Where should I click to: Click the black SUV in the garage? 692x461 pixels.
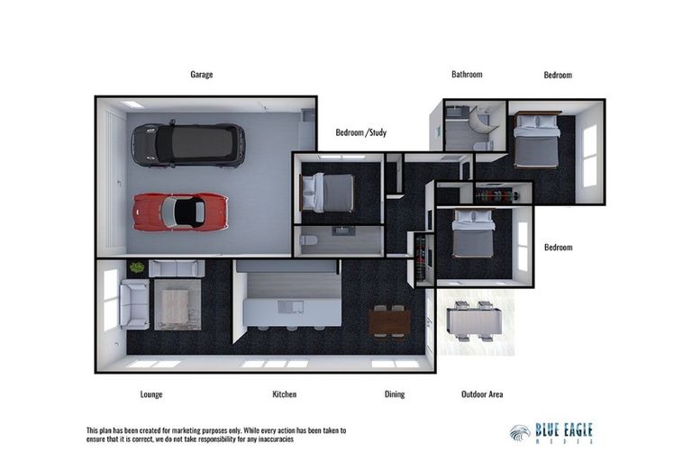pyautogui.click(x=188, y=145)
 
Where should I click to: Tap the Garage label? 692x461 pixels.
pyautogui.click(x=201, y=75)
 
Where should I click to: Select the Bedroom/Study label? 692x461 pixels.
pyautogui.click(x=360, y=132)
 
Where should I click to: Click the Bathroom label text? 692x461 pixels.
pyautogui.click(x=467, y=75)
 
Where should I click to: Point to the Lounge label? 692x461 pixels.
pyautogui.click(x=151, y=394)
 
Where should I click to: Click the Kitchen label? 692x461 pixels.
pyautogui.click(x=284, y=394)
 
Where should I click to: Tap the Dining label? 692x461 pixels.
pyautogui.click(x=394, y=394)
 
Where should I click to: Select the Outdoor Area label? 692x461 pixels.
pyautogui.click(x=482, y=394)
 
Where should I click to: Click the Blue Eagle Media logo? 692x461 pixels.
pyautogui.click(x=551, y=432)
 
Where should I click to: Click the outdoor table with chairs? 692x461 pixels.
pyautogui.click(x=473, y=321)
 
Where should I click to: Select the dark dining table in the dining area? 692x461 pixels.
pyautogui.click(x=389, y=321)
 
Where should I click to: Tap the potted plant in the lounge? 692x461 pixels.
pyautogui.click(x=137, y=267)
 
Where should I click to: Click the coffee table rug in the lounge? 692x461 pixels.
pyautogui.click(x=177, y=306)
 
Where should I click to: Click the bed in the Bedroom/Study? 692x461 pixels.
pyautogui.click(x=326, y=192)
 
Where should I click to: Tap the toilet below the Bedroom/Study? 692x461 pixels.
pyautogui.click(x=310, y=240)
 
